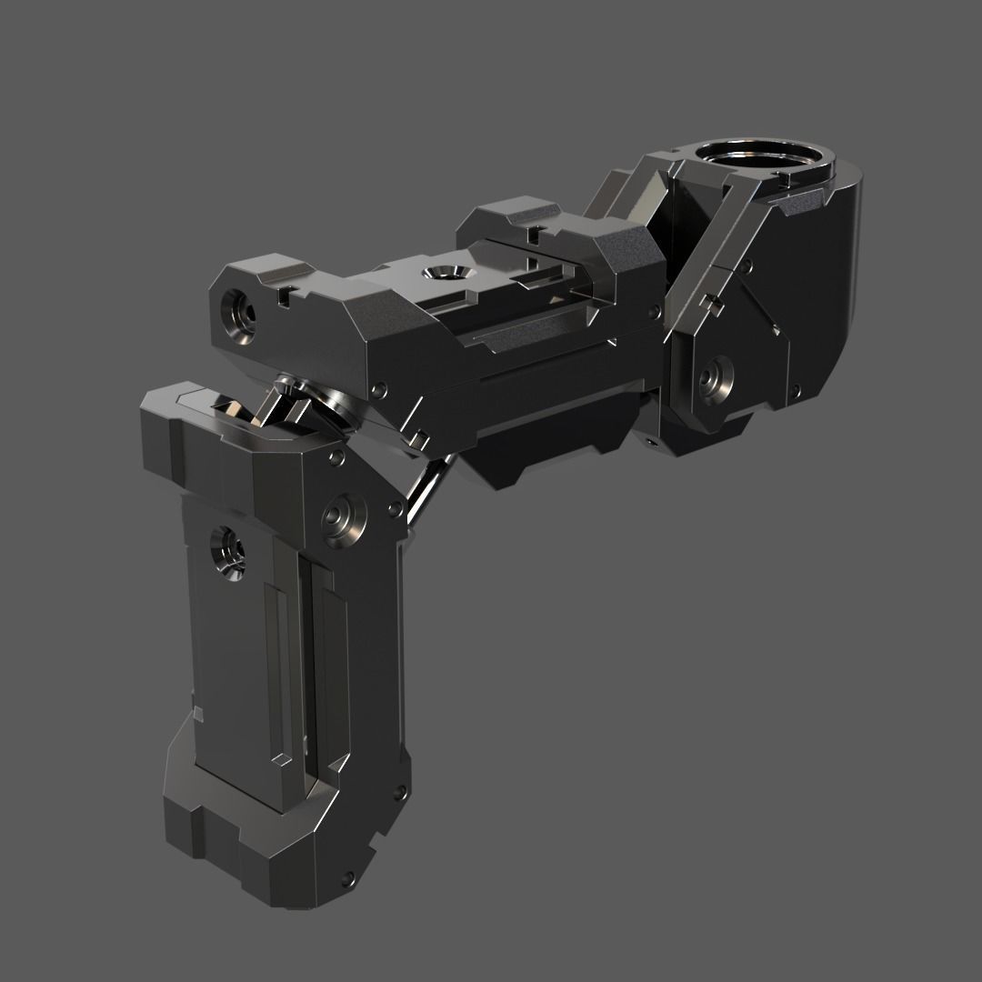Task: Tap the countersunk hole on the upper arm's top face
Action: (x=445, y=273)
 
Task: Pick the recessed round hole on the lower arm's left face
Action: (x=227, y=551)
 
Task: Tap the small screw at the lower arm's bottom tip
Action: (x=348, y=878)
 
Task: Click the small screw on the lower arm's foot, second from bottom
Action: (x=396, y=796)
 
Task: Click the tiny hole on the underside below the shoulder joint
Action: (x=651, y=441)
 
